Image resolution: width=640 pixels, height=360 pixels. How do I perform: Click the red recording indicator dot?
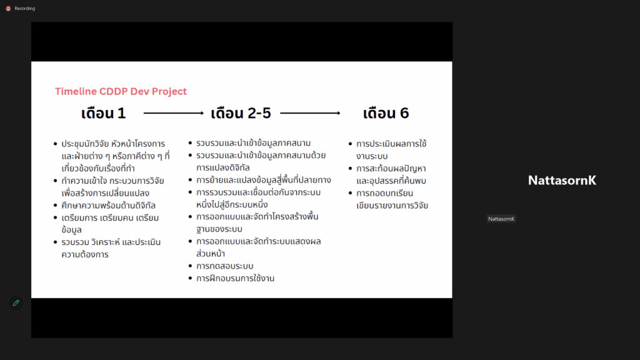(8, 9)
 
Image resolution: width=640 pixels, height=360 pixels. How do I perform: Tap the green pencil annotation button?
(16, 303)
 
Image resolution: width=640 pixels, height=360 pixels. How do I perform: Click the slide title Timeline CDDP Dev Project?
(121, 91)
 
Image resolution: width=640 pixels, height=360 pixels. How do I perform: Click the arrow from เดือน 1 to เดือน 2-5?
(174, 113)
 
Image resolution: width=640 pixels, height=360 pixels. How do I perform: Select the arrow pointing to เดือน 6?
(310, 113)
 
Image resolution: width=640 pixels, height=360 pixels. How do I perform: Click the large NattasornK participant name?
(562, 181)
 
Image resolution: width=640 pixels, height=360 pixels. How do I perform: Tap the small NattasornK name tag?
(501, 219)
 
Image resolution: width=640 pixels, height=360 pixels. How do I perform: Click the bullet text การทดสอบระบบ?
(225, 266)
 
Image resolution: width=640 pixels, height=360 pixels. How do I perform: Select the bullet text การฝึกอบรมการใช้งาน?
(235, 278)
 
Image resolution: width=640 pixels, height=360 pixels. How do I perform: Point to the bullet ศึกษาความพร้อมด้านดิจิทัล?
(109, 205)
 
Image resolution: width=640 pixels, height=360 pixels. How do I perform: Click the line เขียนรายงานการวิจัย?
(392, 205)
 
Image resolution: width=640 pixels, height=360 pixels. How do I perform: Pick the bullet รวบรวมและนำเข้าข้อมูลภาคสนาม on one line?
(254, 143)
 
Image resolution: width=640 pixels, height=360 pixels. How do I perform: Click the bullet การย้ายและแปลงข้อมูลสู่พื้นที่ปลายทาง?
(264, 180)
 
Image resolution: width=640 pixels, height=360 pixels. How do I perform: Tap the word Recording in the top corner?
(24, 9)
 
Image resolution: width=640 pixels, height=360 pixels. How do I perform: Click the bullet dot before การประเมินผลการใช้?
(350, 144)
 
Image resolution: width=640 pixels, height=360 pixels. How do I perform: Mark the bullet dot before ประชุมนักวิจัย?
(56, 144)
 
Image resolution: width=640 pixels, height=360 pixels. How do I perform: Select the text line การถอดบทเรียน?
(384, 193)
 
